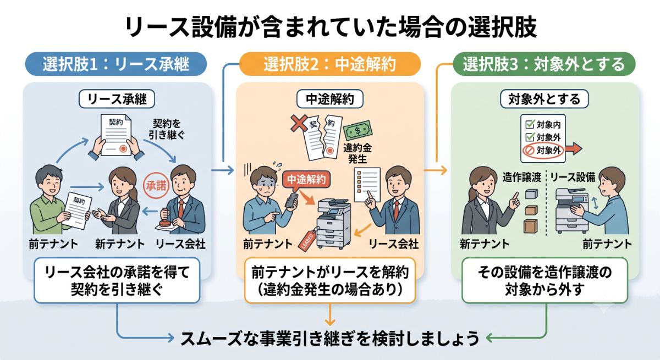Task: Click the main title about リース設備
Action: (331, 27)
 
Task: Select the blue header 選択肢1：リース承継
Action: (116, 64)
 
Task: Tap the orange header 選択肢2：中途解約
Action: (329, 64)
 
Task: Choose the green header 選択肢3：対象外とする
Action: (544, 64)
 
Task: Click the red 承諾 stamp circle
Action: (156, 185)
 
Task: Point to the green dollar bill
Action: (358, 130)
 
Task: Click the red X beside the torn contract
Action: (299, 123)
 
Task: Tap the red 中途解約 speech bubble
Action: (306, 180)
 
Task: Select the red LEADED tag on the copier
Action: (307, 240)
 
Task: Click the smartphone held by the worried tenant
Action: (292, 201)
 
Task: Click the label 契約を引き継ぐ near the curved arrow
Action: (167, 129)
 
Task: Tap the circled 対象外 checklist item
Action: (542, 151)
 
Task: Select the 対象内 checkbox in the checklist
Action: (530, 125)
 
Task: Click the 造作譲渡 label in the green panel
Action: (521, 177)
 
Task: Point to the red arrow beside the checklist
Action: (573, 148)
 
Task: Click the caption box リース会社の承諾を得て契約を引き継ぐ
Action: (117, 280)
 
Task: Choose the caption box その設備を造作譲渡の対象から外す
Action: (545, 280)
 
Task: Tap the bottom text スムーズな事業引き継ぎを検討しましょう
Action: (329, 339)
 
